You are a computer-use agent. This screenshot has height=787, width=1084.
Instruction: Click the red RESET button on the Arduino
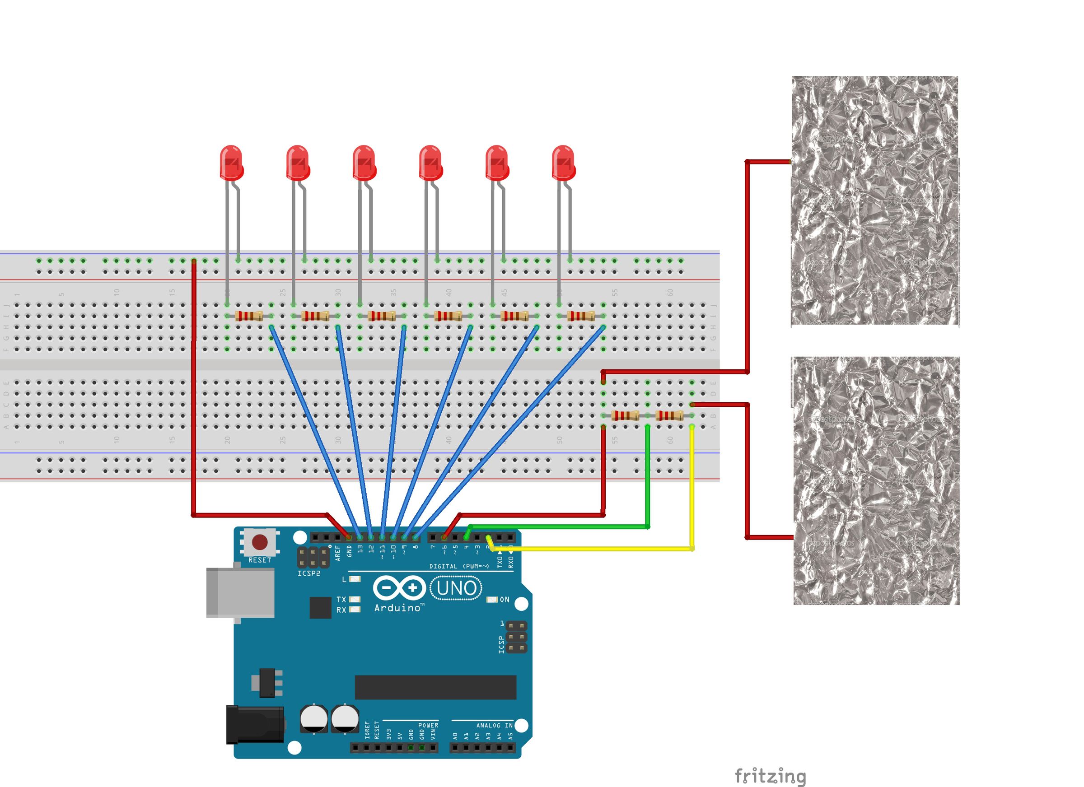click(x=260, y=542)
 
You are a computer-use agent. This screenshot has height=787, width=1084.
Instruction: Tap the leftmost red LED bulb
click(x=231, y=163)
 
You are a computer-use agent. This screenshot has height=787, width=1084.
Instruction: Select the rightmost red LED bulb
click(x=563, y=163)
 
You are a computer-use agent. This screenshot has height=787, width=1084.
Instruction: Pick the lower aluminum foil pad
click(x=876, y=481)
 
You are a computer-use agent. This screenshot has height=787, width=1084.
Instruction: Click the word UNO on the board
click(x=457, y=588)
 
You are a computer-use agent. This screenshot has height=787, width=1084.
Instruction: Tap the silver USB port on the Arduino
click(x=240, y=592)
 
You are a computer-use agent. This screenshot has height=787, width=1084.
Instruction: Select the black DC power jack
click(x=255, y=724)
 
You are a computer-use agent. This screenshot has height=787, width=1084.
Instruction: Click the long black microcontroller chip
click(x=435, y=687)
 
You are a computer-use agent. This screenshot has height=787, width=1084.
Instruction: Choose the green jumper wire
click(x=648, y=478)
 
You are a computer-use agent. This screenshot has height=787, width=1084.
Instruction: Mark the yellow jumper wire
click(x=692, y=487)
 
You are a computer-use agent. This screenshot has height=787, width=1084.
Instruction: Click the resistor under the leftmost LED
click(x=248, y=316)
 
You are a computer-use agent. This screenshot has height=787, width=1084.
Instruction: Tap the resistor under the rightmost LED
click(x=581, y=316)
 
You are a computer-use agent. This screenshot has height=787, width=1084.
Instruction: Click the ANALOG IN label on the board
click(x=494, y=725)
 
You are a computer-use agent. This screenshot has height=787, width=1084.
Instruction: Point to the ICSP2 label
click(x=309, y=573)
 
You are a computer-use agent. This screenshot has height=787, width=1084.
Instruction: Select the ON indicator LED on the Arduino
click(x=493, y=600)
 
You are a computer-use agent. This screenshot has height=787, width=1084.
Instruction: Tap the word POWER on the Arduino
click(x=428, y=725)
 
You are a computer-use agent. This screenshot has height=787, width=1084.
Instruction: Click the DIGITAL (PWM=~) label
click(x=459, y=566)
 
